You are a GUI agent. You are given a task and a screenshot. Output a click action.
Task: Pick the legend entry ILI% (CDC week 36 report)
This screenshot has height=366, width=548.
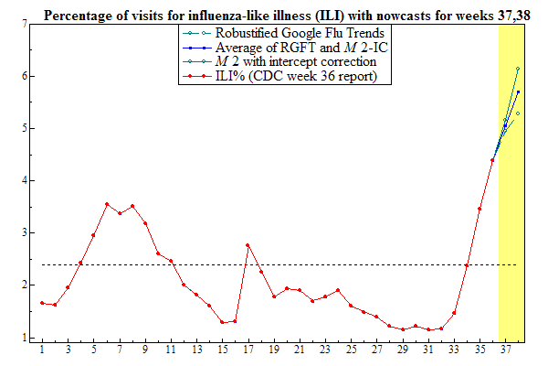click(283, 76)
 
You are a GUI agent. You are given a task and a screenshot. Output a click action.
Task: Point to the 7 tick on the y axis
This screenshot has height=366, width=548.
click(24, 24)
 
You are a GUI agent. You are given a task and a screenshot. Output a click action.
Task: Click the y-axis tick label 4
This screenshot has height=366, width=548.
click(24, 181)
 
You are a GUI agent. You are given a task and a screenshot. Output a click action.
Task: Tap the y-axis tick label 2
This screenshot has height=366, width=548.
click(24, 285)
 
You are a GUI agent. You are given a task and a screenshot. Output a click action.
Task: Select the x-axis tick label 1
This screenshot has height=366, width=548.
click(42, 350)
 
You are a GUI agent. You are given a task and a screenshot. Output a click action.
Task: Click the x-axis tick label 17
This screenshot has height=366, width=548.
click(248, 350)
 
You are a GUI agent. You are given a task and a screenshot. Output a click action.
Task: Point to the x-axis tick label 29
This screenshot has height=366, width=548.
click(402, 350)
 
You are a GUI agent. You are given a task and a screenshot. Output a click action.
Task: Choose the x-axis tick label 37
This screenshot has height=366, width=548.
click(505, 350)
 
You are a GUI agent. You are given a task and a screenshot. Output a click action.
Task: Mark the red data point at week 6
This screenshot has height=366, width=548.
click(107, 204)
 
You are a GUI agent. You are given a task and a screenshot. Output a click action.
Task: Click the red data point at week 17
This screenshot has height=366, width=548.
click(248, 245)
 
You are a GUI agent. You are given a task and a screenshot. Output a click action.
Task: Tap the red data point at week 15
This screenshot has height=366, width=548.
click(222, 322)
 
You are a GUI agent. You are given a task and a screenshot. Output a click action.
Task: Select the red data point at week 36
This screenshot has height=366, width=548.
click(492, 160)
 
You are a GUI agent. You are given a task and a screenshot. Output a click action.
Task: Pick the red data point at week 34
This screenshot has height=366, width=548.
click(467, 265)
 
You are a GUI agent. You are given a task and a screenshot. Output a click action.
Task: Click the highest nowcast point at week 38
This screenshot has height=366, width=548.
click(518, 69)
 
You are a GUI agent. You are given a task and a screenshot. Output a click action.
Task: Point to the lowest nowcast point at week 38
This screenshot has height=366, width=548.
click(518, 113)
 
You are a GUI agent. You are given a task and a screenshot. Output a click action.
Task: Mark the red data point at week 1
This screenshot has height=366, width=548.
click(42, 303)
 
